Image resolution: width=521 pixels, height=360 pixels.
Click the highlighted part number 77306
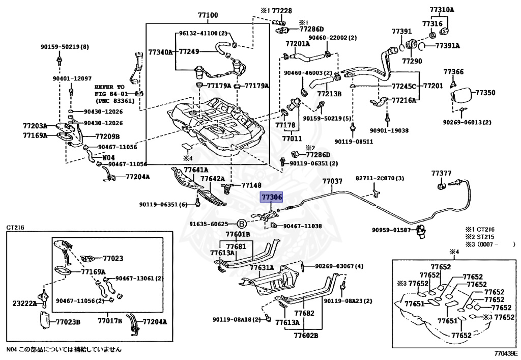[272, 197]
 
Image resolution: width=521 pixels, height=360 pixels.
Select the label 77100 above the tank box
[208, 15]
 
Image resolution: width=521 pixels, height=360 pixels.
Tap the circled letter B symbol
[242, 224]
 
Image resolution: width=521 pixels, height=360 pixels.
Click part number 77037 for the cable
[332, 181]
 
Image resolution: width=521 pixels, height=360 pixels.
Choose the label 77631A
[262, 268]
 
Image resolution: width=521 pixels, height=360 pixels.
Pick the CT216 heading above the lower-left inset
[15, 228]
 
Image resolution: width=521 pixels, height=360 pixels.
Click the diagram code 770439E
[505, 353]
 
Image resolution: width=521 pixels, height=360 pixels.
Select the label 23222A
[24, 303]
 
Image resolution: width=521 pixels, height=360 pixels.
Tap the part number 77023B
[68, 322]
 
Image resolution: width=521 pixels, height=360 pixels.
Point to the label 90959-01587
[391, 230]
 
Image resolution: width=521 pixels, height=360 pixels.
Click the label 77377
[441, 173]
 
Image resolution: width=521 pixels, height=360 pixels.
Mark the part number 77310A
[442, 10]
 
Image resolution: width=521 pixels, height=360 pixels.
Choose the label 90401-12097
[72, 78]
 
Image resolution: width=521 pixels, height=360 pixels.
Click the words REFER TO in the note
[110, 87]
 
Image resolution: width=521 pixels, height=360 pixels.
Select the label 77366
[453, 71]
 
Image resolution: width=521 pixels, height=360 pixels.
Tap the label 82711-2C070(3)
[380, 178]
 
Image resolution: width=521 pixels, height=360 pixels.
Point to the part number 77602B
[306, 336]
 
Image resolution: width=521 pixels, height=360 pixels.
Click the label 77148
[251, 185]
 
